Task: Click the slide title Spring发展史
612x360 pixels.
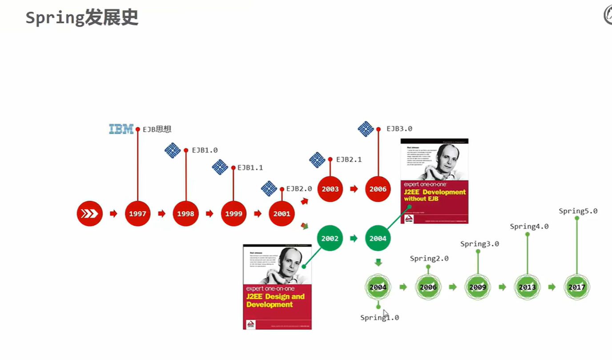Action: [82, 18]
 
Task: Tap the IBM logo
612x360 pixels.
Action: [121, 129]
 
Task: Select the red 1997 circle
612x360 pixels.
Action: [137, 214]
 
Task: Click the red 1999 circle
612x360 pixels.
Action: [234, 214]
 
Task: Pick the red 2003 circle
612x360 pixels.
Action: [330, 189]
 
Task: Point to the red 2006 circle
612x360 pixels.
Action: [378, 189]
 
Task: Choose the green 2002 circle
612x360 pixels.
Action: [330, 239]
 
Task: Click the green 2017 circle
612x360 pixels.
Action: [577, 287]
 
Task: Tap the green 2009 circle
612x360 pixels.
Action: [478, 287]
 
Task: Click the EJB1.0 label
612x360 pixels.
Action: [205, 150]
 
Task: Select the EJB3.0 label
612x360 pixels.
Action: [399, 129]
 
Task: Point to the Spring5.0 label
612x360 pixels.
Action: [578, 211]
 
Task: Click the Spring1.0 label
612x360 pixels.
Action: [379, 318]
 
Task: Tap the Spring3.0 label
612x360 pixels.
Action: [479, 244]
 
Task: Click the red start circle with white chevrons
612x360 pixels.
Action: [89, 214]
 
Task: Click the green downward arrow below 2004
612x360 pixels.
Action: [378, 262]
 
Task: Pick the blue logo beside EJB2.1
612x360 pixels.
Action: [317, 160]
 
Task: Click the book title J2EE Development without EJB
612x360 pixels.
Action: [434, 195]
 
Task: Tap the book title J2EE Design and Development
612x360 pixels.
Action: [275, 300]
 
